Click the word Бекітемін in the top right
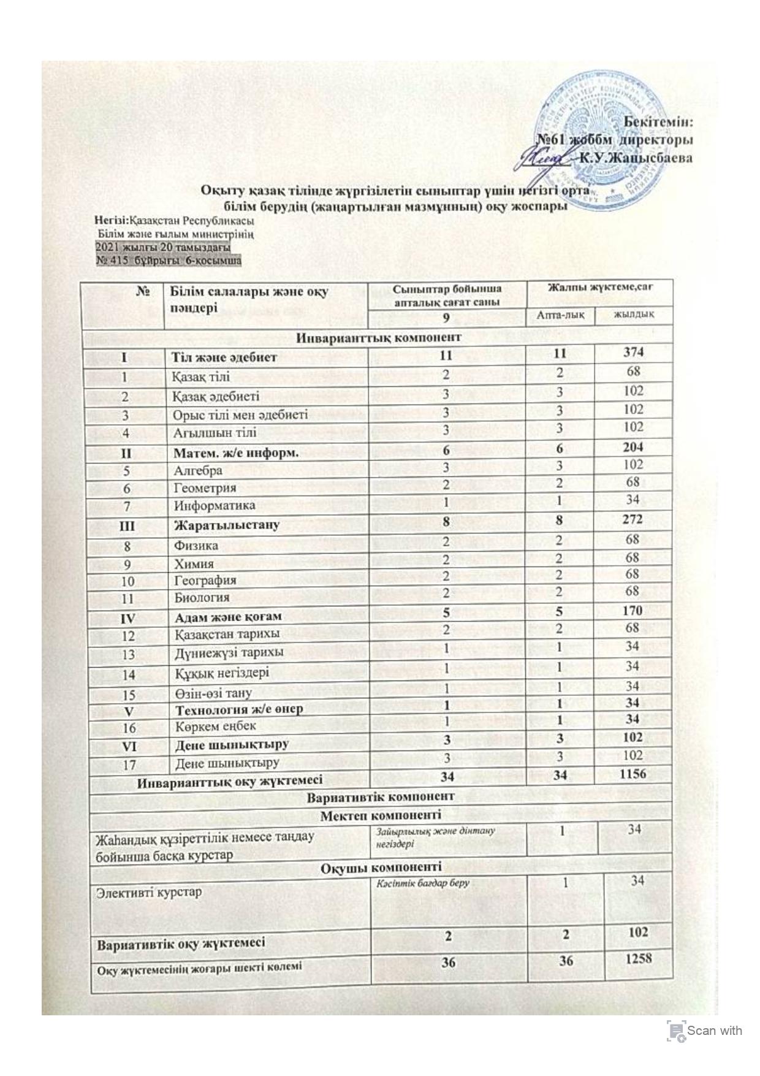tap(659, 121)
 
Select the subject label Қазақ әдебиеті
tap(216, 396)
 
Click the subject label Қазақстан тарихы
tap(227, 633)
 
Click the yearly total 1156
tap(633, 774)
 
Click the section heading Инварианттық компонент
tap(379, 337)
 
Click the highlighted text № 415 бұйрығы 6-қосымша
tap(169, 261)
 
